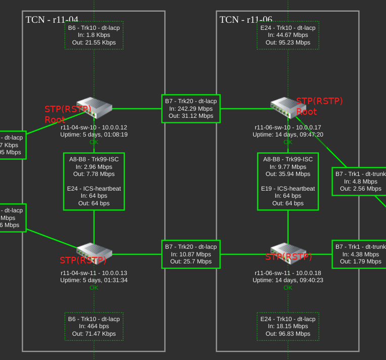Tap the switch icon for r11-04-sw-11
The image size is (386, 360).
[x=94, y=252]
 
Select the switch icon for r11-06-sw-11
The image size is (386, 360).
[x=287, y=252]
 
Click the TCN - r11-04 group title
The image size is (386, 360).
[x=52, y=20]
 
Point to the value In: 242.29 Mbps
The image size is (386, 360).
[x=191, y=109]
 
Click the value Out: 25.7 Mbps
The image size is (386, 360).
[x=191, y=261]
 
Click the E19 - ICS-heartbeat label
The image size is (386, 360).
[x=288, y=189]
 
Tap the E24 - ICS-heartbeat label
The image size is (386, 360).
[x=94, y=189]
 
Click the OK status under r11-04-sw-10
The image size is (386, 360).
[x=94, y=142]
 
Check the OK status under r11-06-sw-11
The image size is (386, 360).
[x=288, y=288]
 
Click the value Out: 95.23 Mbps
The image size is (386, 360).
[x=288, y=42]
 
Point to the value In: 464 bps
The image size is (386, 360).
[x=94, y=327]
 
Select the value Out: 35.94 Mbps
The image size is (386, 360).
[x=288, y=174]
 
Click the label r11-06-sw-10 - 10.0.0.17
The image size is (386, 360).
[x=288, y=127]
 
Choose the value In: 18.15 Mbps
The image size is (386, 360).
[x=288, y=327]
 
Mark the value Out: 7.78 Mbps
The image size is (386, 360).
[x=94, y=174]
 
